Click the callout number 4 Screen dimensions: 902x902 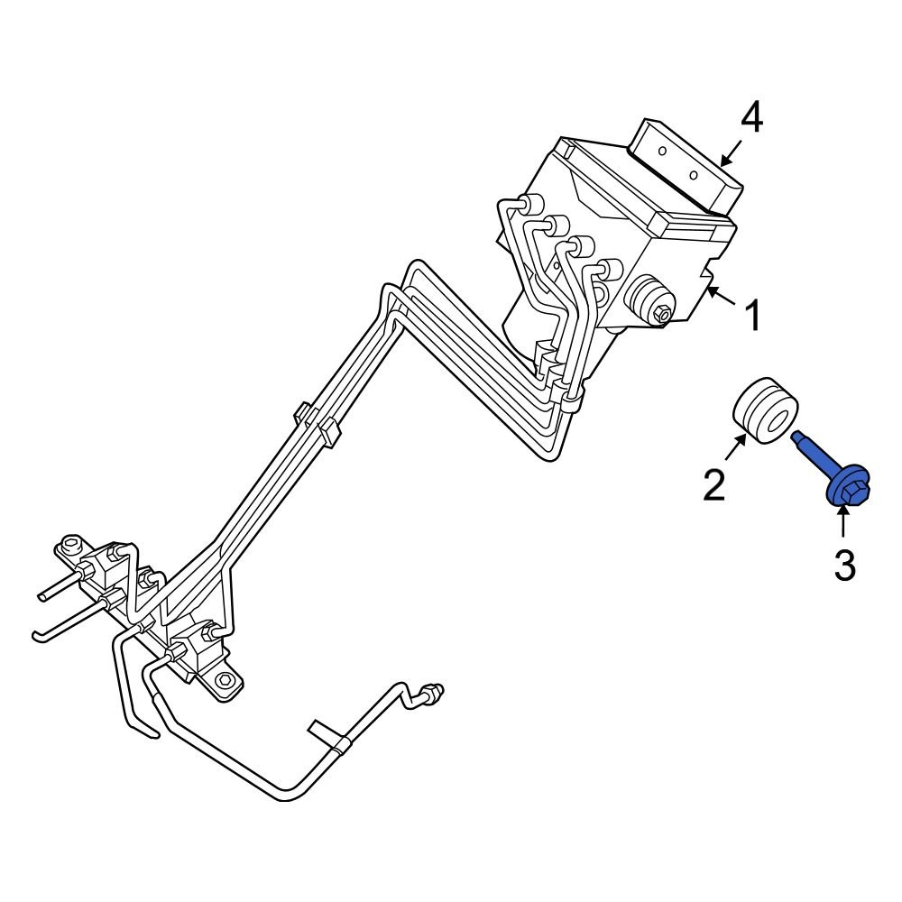click(x=751, y=119)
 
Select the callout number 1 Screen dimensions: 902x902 click(x=750, y=317)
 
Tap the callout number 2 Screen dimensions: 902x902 click(x=713, y=485)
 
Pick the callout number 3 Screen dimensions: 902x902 click(x=843, y=566)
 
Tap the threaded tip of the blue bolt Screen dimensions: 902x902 click(x=798, y=438)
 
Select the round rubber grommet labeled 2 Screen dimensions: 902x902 click(x=763, y=410)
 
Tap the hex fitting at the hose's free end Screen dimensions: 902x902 click(x=434, y=693)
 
